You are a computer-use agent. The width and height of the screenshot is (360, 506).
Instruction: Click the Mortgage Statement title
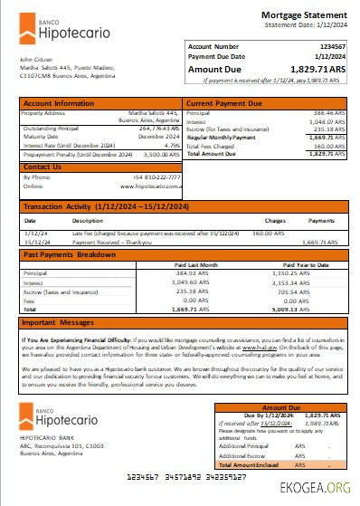304,14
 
